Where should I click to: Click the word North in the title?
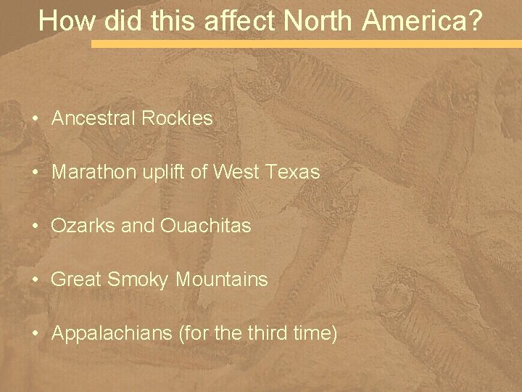[x=318, y=21]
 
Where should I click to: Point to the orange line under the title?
[x=304, y=44]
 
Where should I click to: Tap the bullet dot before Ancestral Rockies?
[x=34, y=119]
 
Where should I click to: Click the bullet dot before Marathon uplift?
[x=34, y=173]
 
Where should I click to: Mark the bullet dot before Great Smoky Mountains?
[x=34, y=279]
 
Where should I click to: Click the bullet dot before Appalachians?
[x=34, y=333]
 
